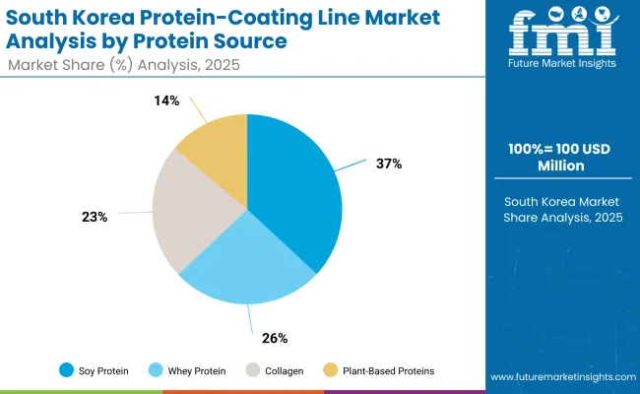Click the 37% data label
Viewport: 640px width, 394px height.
(x=388, y=164)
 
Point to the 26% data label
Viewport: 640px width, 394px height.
(x=275, y=338)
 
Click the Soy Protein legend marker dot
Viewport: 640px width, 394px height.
(x=65, y=370)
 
